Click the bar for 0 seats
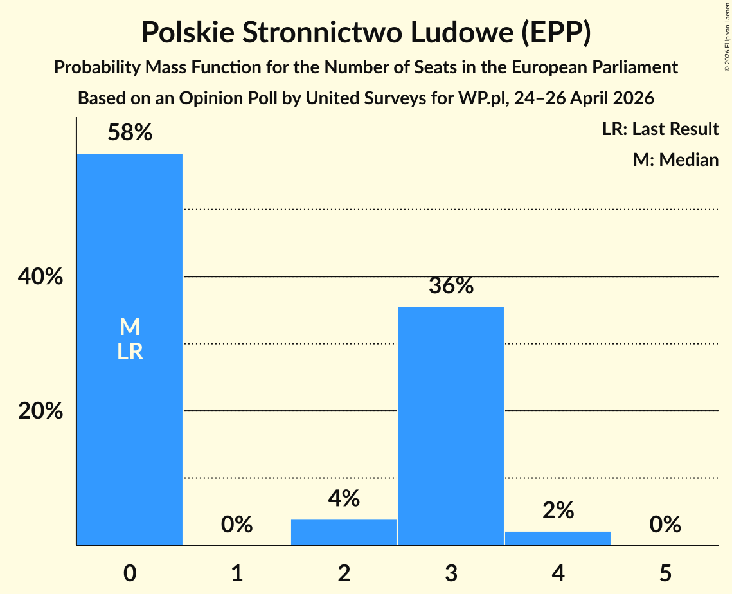130,349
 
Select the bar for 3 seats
451,426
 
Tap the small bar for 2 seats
344,532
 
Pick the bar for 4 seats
558,538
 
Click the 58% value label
130,132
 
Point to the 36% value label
451,285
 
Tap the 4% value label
344,498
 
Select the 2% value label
558,510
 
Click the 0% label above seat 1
237,524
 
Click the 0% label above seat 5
665,524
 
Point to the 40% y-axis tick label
40,276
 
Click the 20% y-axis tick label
40,411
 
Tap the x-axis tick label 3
451,573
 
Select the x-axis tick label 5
665,573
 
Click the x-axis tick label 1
237,573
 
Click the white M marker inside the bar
130,327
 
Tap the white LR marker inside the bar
130,352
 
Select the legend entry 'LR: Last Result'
660,129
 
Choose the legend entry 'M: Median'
675,159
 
